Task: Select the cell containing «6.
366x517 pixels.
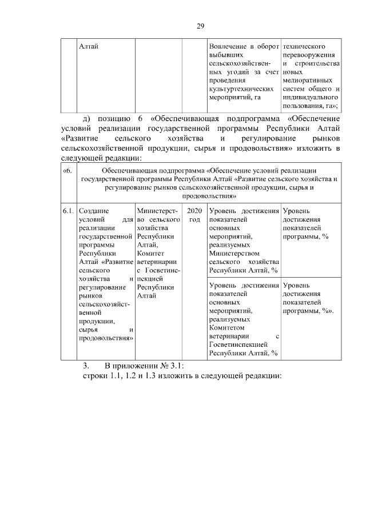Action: click(68, 171)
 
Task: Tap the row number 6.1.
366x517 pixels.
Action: click(69, 211)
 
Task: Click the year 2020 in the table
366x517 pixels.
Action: click(194, 211)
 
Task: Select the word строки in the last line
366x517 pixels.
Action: click(95, 376)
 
